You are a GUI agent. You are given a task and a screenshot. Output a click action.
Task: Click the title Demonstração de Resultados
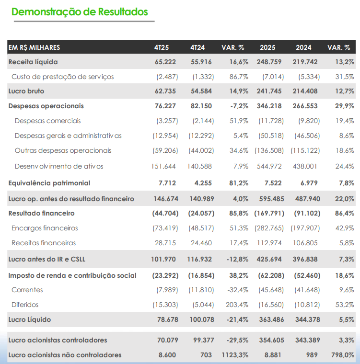(x=80, y=12)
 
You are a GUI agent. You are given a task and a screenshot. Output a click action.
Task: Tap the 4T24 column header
(x=197, y=47)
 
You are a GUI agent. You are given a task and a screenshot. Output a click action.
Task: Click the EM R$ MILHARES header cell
(x=34, y=47)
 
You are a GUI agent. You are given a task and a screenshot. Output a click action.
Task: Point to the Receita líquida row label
(x=33, y=62)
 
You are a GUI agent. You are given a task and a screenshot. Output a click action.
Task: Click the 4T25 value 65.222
(x=165, y=62)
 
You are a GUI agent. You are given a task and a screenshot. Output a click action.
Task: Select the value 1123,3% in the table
(x=234, y=355)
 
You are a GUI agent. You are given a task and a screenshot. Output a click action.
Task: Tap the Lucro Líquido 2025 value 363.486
(x=270, y=319)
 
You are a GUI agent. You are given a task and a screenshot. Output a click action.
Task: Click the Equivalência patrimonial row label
(x=49, y=183)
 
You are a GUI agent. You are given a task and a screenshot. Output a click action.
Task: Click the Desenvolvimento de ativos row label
(x=58, y=166)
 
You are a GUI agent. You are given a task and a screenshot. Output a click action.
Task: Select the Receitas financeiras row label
(x=44, y=243)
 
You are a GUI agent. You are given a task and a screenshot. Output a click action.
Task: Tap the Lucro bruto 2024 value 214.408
(x=305, y=91)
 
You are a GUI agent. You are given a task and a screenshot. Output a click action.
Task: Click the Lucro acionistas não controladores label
(x=65, y=355)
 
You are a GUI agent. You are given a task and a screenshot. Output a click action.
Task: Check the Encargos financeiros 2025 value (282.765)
(x=270, y=228)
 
